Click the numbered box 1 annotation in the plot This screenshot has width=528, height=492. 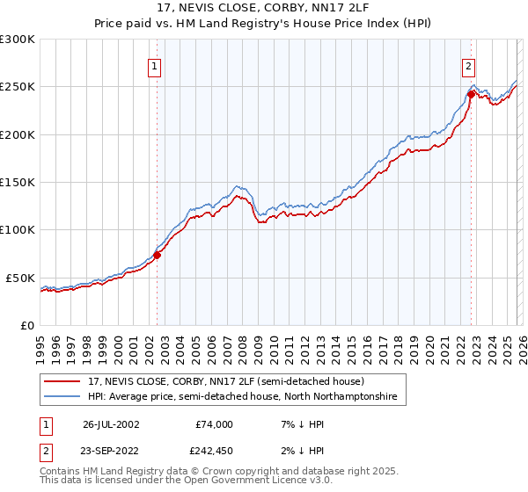pyautogui.click(x=154, y=65)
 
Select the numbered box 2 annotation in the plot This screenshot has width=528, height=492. pyautogui.click(x=468, y=65)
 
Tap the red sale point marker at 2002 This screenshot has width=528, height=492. pyautogui.click(x=158, y=255)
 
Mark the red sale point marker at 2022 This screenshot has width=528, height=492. pyautogui.click(x=471, y=93)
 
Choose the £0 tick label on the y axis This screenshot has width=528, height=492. pyautogui.click(x=26, y=325)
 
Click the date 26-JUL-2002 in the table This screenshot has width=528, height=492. pyautogui.click(x=111, y=424)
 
